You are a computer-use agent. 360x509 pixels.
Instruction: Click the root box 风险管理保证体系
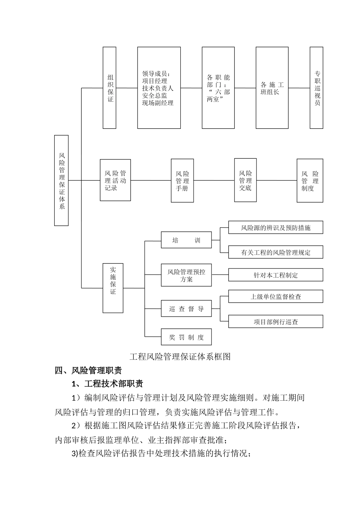(x=61, y=180)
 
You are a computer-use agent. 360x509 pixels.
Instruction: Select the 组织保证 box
(x=110, y=87)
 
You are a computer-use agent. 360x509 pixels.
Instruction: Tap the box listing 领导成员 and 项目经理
(x=159, y=87)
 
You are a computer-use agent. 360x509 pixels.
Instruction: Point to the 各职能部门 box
(x=218, y=87)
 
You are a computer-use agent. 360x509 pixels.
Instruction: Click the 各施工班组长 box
(x=272, y=87)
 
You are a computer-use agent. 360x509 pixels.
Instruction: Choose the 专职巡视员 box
(x=316, y=87)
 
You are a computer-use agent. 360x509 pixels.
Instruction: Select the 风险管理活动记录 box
(x=115, y=180)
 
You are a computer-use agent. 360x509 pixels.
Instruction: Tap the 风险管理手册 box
(x=182, y=180)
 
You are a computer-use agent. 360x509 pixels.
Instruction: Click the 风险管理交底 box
(x=245, y=180)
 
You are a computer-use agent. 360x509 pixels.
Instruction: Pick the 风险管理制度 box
(x=310, y=180)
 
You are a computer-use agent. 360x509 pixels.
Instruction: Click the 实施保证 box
(x=113, y=288)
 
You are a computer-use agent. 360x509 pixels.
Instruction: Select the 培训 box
(x=186, y=240)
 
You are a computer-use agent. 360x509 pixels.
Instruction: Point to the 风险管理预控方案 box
(x=186, y=275)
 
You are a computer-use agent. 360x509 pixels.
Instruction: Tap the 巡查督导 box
(x=186, y=309)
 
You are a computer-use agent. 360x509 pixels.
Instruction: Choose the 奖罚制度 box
(x=186, y=337)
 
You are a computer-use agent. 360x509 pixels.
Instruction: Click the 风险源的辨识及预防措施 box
(x=275, y=228)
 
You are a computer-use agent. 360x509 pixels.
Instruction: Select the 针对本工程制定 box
(x=275, y=275)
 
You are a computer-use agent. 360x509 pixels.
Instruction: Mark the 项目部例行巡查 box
(x=275, y=322)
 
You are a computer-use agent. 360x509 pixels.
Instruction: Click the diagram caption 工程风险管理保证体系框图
(x=180, y=356)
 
